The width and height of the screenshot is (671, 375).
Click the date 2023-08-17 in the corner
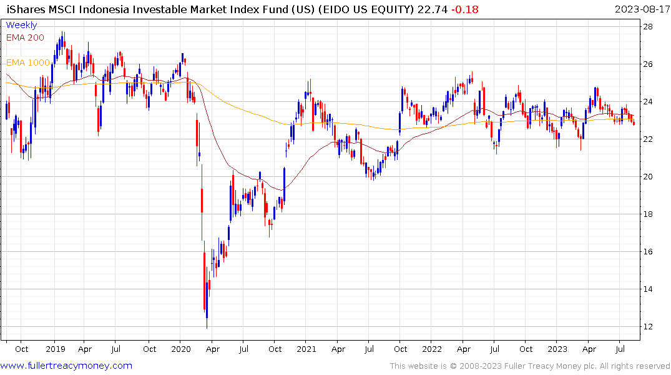641,10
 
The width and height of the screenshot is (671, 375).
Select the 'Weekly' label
21,25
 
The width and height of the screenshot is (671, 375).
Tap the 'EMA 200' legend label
25,37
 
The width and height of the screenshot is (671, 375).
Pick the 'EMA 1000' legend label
28,62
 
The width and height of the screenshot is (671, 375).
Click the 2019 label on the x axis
56,349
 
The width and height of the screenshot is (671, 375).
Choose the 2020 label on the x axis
180,349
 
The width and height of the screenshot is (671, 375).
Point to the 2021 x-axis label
306,349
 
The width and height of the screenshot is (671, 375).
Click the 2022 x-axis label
432,349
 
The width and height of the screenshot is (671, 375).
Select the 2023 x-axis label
557,349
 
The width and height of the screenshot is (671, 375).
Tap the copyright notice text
530,366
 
